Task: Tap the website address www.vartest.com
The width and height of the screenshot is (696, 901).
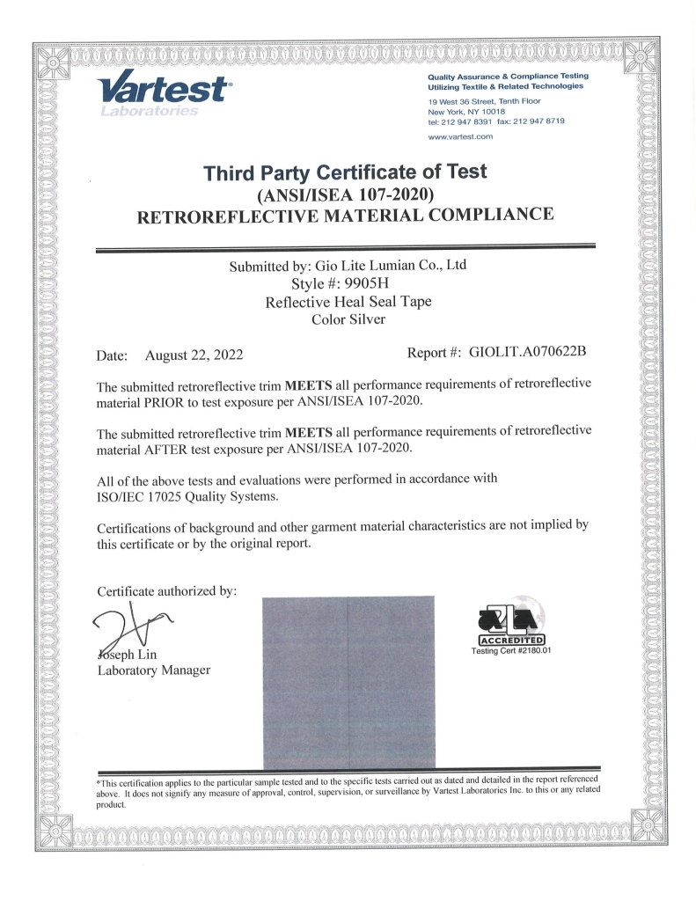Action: (458, 138)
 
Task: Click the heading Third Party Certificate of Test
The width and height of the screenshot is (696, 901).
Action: (345, 172)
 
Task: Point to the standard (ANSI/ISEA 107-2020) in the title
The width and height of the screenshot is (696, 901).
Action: (345, 194)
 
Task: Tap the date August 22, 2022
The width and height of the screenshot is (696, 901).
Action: (194, 355)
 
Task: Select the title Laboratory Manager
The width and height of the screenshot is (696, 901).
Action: (154, 671)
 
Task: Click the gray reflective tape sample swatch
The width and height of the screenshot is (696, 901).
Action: (348, 682)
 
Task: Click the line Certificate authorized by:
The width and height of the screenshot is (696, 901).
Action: (167, 591)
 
